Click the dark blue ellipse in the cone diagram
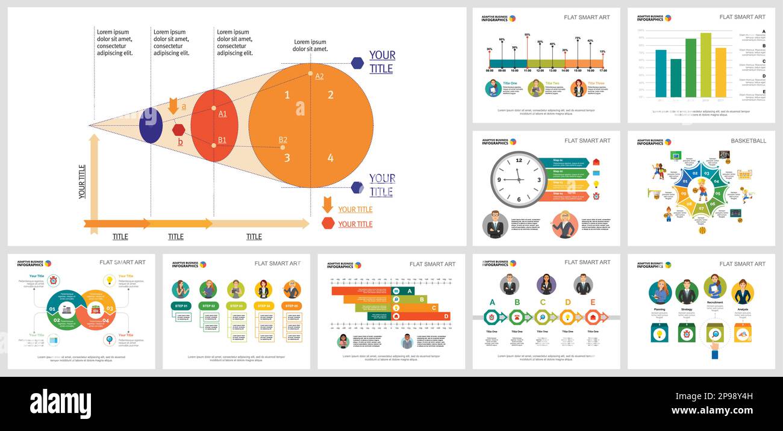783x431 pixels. coord(151,125)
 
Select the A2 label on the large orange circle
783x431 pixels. coord(319,76)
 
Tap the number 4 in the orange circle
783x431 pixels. coord(330,158)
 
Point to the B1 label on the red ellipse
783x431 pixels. coord(222,140)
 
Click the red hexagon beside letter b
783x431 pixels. coord(178,129)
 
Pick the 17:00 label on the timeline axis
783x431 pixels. coord(603,70)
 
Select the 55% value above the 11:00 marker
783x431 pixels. coord(527,35)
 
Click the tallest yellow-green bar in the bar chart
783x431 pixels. coord(705,65)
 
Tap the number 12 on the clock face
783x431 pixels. coord(519,161)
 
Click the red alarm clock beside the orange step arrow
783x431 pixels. coord(596,196)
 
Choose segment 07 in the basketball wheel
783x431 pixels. coord(701,208)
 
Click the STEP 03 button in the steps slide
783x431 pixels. coord(236,306)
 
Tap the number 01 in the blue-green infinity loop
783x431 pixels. coord(52,309)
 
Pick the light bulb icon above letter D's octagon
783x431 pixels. coord(567,317)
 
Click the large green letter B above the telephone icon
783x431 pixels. coord(517,302)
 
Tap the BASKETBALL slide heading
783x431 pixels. coord(748,141)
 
